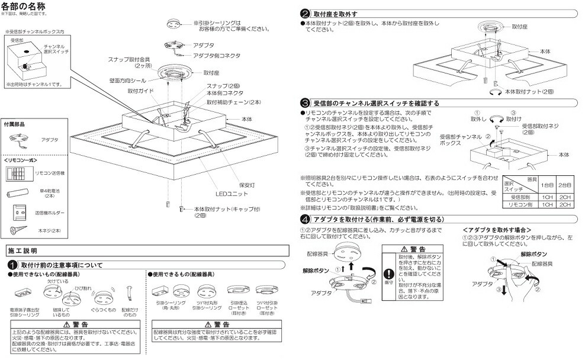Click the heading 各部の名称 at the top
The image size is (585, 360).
pyautogui.click(x=27, y=7)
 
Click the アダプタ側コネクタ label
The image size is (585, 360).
pyautogui.click(x=217, y=55)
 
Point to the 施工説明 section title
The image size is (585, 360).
pyautogui.click(x=22, y=251)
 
